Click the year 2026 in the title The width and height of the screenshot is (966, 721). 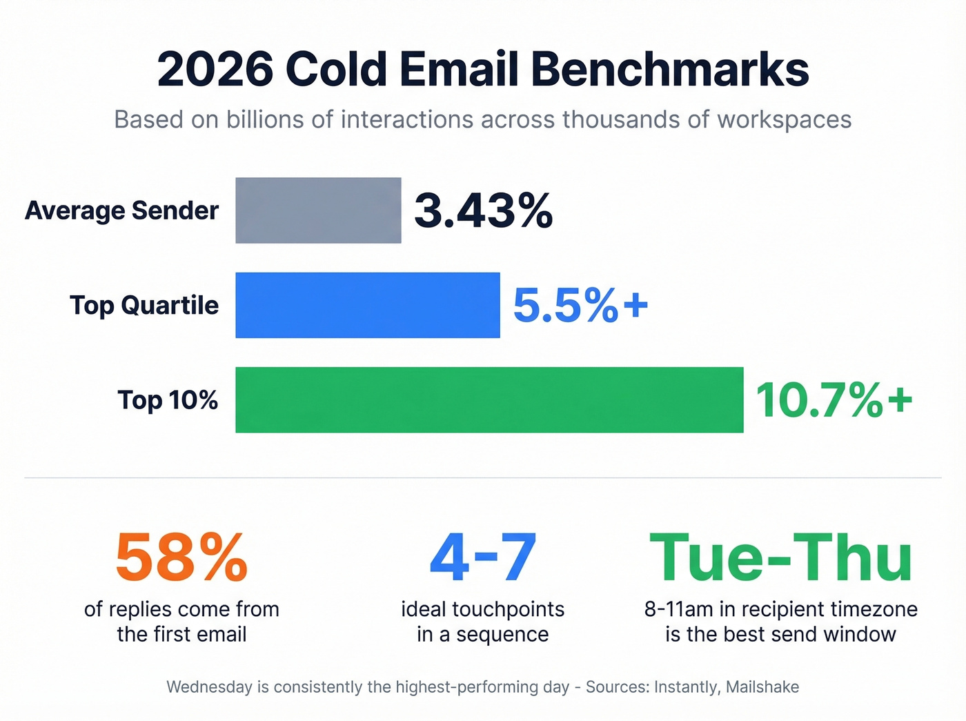pos(215,70)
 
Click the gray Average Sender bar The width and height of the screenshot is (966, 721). pos(318,210)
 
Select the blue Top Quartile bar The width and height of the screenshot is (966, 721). pos(367,305)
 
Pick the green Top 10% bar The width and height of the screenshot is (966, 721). pos(489,400)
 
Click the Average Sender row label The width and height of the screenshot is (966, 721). pos(121,210)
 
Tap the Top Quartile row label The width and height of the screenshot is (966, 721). pos(144,305)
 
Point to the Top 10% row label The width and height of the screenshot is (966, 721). pos(168,400)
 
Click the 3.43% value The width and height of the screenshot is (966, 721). pos(483,210)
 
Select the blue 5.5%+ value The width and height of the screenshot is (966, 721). pos(580,305)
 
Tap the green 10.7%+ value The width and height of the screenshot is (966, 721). pos(834,400)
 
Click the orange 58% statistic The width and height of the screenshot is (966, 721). pos(181,557)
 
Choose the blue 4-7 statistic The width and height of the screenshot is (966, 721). pos(482,557)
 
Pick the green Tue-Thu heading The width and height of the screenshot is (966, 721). pos(780,557)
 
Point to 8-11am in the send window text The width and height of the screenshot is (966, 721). pos(678,609)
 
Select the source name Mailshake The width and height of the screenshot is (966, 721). pos(762,687)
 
